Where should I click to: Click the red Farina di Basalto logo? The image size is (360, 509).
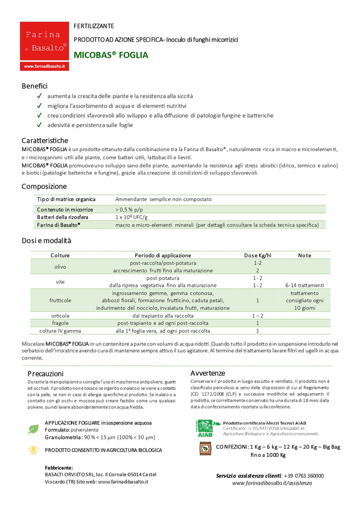click(44, 46)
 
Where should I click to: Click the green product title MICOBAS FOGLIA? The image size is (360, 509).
click(111, 55)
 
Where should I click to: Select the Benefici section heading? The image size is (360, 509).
click(34, 86)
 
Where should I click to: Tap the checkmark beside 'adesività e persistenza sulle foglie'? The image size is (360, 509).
click(39, 125)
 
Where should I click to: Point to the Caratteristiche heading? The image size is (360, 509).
click(45, 141)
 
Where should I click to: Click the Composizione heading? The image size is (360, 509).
click(44, 187)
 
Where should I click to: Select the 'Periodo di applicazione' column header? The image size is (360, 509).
click(162, 255)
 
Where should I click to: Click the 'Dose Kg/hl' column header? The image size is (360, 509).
click(258, 255)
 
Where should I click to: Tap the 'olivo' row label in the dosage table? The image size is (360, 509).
click(60, 267)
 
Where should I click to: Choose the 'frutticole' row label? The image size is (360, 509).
click(60, 300)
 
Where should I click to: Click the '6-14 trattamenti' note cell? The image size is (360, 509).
click(304, 285)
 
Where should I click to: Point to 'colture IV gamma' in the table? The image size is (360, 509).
click(60, 331)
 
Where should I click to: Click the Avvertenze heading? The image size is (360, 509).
click(208, 373)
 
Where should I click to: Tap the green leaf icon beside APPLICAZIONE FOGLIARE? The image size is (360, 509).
click(34, 429)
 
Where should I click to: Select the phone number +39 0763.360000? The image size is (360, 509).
click(303, 476)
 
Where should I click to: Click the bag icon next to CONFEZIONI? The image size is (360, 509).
click(204, 449)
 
